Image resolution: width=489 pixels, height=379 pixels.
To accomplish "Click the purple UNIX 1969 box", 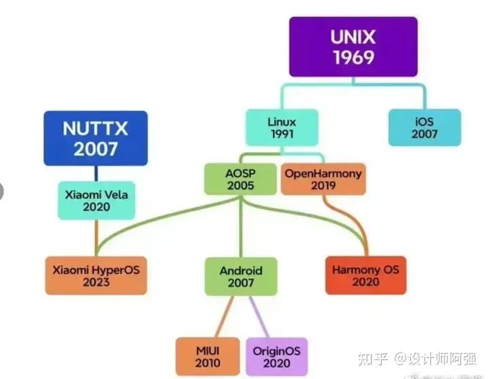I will (x=353, y=47).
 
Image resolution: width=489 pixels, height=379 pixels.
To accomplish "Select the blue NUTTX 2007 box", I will (x=96, y=138).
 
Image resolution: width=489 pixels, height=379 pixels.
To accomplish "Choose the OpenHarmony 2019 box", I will (x=323, y=179).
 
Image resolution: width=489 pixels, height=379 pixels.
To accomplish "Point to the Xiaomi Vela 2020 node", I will (x=96, y=200).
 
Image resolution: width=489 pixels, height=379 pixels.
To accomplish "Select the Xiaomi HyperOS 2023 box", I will (x=96, y=275).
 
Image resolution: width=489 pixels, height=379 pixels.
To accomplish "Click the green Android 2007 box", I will (x=241, y=277).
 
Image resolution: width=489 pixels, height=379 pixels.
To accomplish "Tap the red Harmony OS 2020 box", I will (x=365, y=275).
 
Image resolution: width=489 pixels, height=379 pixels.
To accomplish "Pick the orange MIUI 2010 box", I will (x=207, y=356).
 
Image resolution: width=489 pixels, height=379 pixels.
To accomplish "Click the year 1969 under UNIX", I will (x=353, y=58).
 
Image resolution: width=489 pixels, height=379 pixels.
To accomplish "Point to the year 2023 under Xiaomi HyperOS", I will (x=96, y=282).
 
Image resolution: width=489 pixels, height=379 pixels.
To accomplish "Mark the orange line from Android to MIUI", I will (x=222, y=316).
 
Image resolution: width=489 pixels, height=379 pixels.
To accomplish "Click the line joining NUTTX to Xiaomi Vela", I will (x=96, y=173).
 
